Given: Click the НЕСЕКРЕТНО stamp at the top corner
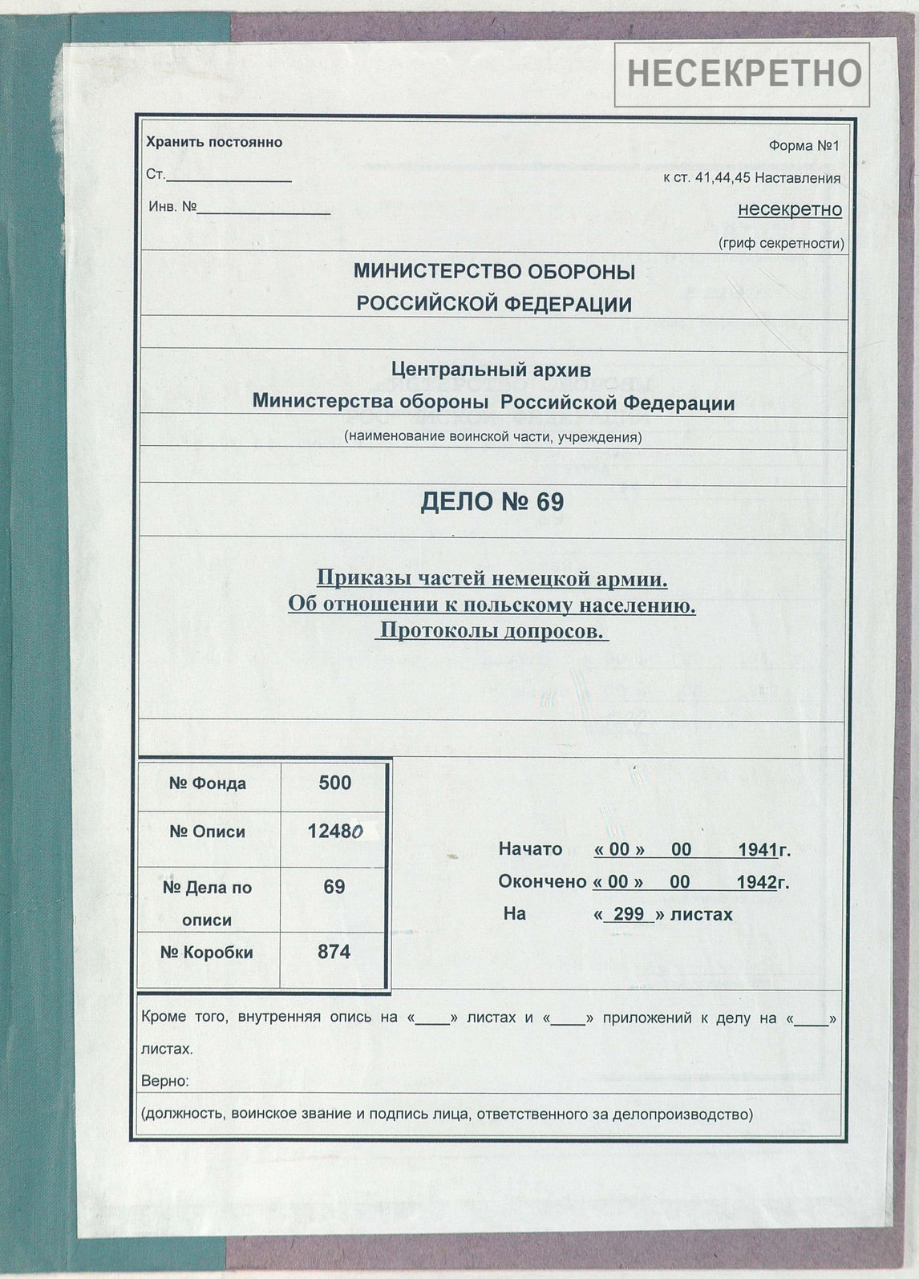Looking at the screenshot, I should pos(743,73).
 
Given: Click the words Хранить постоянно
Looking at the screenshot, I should pos(214,143).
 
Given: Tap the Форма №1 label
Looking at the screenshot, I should pos(804,146).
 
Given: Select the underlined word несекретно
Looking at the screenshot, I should pos(790,209).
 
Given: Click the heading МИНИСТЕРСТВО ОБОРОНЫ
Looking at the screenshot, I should pos(494,272).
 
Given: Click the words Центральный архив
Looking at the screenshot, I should pos(492,370).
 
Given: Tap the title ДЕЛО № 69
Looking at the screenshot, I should pos(492,502).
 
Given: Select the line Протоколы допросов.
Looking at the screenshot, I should pos(492,631).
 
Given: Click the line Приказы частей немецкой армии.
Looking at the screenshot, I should pos(492,577).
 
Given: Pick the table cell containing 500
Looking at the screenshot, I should pos(334,783).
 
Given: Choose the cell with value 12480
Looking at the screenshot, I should pos(335,832).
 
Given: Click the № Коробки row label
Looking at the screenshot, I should pos(207,953).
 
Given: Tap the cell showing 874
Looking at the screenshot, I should pos(334,953).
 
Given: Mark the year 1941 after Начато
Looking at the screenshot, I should pos(758,850).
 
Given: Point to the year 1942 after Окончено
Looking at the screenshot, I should pos(756,882).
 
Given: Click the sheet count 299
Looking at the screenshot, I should pos(630,914).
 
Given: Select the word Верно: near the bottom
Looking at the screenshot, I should pos(165,1081).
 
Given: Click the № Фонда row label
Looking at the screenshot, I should pos(208,783).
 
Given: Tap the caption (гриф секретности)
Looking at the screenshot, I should pos(781,243).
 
